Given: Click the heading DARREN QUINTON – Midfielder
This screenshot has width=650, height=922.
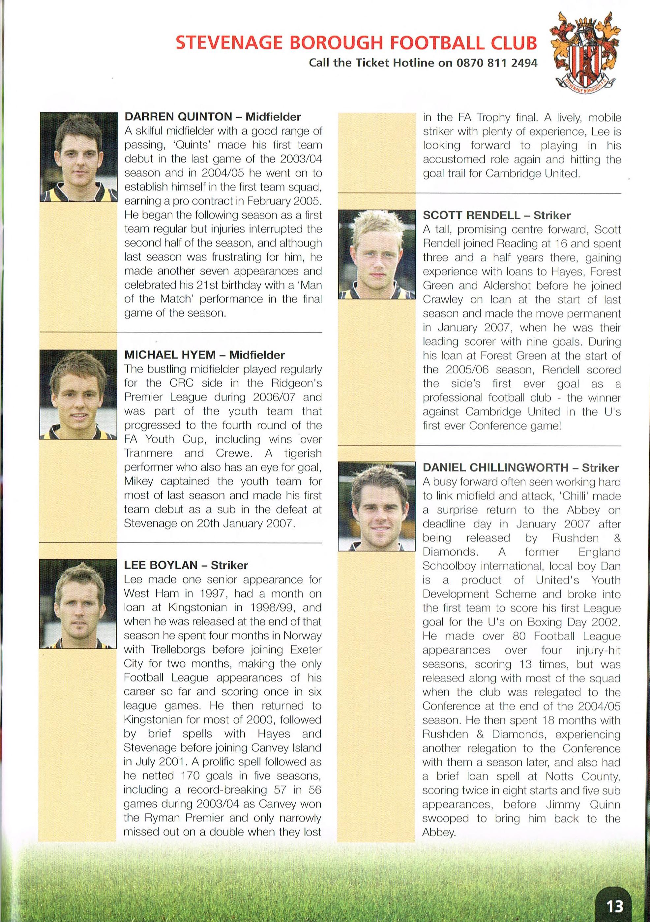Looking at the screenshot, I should tap(213, 117).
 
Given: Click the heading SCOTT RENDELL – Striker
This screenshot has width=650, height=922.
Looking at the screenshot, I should tap(496, 215).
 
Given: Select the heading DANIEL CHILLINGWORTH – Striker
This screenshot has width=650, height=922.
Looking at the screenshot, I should tap(521, 467).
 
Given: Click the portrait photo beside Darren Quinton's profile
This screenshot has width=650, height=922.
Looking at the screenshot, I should tap(78, 156).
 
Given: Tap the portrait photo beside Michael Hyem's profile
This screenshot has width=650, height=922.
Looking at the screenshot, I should tap(78, 394).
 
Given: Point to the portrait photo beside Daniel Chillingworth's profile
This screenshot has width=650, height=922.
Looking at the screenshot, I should tap(377, 506).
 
